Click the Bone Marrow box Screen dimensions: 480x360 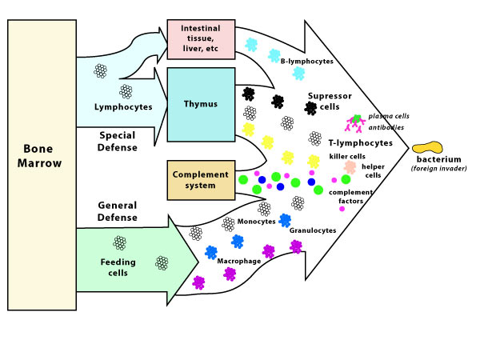(x=42, y=165)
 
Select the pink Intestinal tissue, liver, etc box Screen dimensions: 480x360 (x=201, y=39)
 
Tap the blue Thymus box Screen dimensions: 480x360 (x=201, y=105)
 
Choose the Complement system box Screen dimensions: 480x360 (x=201, y=180)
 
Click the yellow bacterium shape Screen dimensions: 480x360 (x=427, y=147)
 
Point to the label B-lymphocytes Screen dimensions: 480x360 (x=307, y=62)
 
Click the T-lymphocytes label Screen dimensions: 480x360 (x=361, y=143)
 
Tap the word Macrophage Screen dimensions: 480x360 (x=239, y=261)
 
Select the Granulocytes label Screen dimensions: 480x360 (x=313, y=230)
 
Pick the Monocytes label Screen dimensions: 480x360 (x=257, y=222)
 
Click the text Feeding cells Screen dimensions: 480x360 (x=118, y=267)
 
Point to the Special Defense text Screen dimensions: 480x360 (x=118, y=141)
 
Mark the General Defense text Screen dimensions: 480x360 (x=118, y=211)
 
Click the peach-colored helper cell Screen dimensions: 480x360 (x=350, y=167)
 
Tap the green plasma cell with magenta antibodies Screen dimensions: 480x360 (x=355, y=122)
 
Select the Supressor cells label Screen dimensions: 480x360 (x=330, y=102)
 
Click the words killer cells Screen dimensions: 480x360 (x=347, y=157)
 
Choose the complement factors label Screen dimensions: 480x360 (x=351, y=197)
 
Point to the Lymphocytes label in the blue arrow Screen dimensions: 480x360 (x=123, y=107)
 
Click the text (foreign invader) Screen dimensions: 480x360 (x=439, y=168)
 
